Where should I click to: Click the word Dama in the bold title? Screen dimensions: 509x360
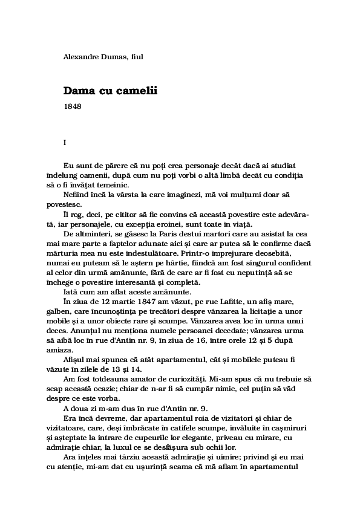coord(77,91)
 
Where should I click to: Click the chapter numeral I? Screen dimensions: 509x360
coord(65,143)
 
